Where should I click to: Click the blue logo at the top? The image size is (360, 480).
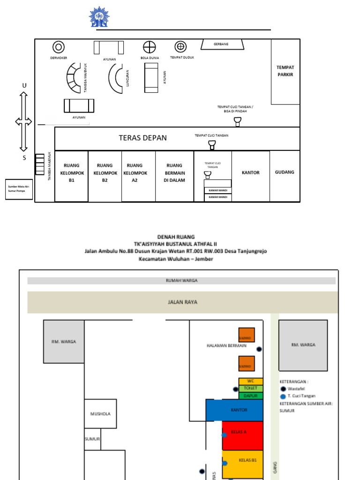99,17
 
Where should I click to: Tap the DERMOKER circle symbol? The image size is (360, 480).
59,47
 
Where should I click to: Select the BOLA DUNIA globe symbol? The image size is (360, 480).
149,47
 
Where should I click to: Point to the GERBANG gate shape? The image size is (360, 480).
223,44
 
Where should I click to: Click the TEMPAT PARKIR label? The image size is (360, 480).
285,71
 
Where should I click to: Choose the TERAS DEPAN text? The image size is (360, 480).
142,138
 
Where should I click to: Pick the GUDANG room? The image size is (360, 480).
285,172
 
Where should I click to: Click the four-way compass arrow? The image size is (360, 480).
23,121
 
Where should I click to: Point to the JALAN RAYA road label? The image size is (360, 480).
182,302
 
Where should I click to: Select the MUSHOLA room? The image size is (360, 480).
100,413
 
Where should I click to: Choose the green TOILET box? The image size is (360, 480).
250,389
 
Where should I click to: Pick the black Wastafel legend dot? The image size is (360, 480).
283,389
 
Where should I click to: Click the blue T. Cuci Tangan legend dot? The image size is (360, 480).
283,397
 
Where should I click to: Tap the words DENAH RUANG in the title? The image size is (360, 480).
175,237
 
